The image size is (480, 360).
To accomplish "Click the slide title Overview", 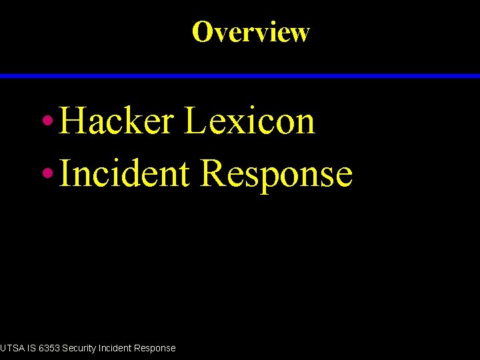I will point(251,31).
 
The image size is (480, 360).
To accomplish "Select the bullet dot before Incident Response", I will point(47,173).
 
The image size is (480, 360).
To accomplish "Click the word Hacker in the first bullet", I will point(116,121).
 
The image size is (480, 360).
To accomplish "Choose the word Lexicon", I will point(249,121).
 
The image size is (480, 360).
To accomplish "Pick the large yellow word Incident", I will point(124,173).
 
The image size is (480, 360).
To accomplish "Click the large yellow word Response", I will point(276,175).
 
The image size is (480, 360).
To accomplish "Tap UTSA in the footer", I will point(11,348).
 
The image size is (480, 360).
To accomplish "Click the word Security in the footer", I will point(80,348).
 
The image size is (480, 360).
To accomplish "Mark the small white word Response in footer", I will point(155,348).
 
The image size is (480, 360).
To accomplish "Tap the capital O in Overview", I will point(201,31).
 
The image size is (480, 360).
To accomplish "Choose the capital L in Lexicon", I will point(195,121).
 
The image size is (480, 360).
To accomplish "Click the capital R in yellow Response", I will point(213,173).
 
